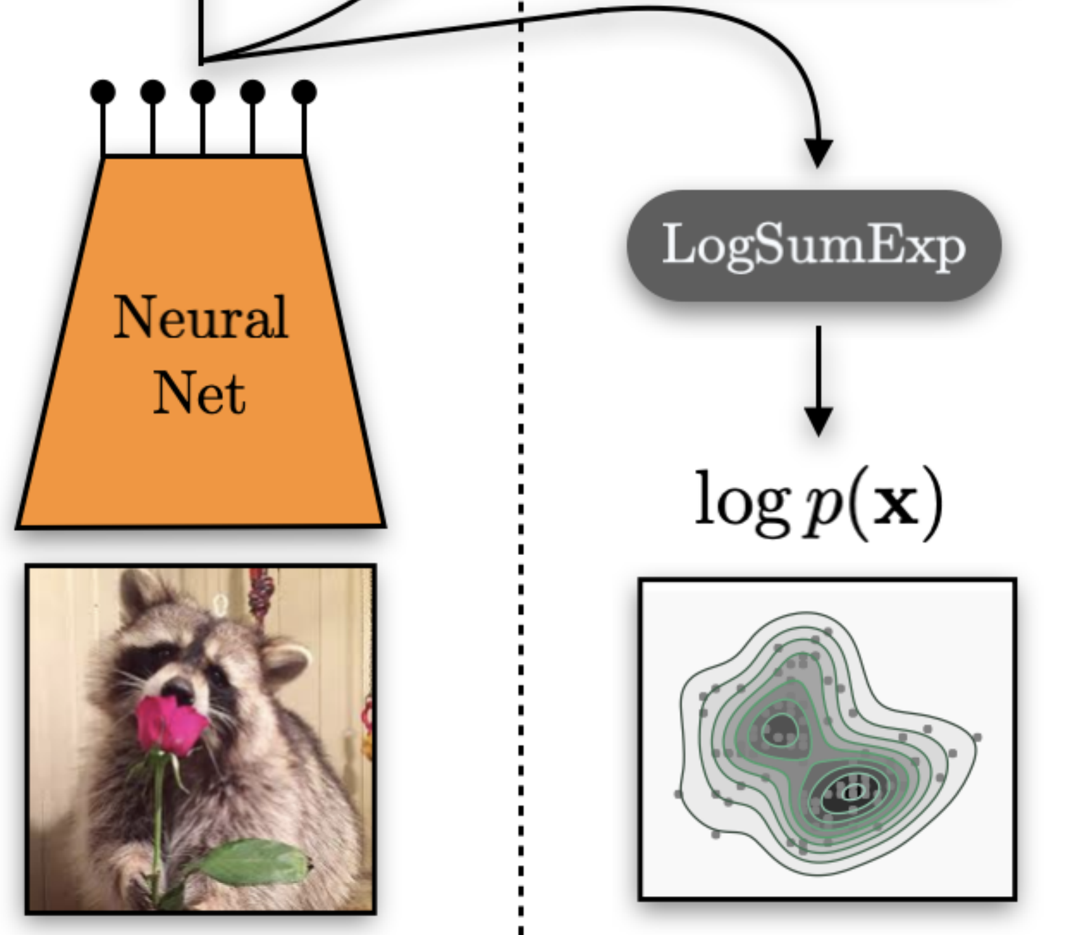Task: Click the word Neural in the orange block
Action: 200,318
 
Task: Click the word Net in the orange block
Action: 200,393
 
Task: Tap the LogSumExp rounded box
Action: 814,245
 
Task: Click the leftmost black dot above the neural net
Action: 103,92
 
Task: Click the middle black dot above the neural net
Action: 203,92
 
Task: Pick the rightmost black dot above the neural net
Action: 304,92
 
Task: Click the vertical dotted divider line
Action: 521,454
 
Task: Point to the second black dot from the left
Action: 153,92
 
